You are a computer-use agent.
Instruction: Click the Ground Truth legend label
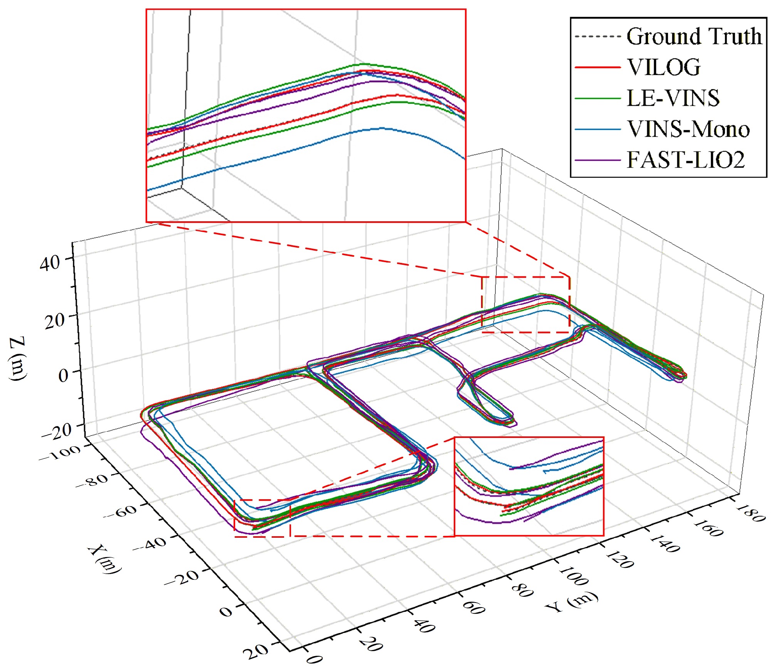(694, 36)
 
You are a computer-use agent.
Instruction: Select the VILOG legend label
(664, 67)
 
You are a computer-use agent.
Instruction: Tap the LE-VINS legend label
(673, 98)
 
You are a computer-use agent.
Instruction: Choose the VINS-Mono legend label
(688, 129)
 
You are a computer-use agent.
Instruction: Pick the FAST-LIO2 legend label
(686, 160)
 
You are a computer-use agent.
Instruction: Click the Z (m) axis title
(18, 359)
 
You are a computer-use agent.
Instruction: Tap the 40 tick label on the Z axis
(50, 263)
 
